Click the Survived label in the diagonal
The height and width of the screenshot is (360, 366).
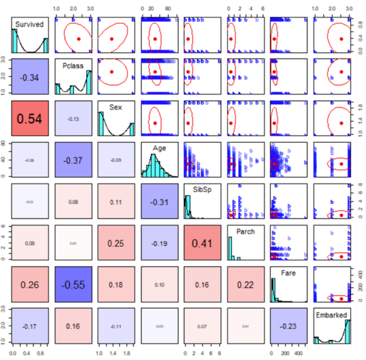30,24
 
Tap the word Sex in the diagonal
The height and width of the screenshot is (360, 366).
116,107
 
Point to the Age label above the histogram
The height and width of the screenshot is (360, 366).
159,148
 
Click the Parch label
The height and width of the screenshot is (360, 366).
245,232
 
